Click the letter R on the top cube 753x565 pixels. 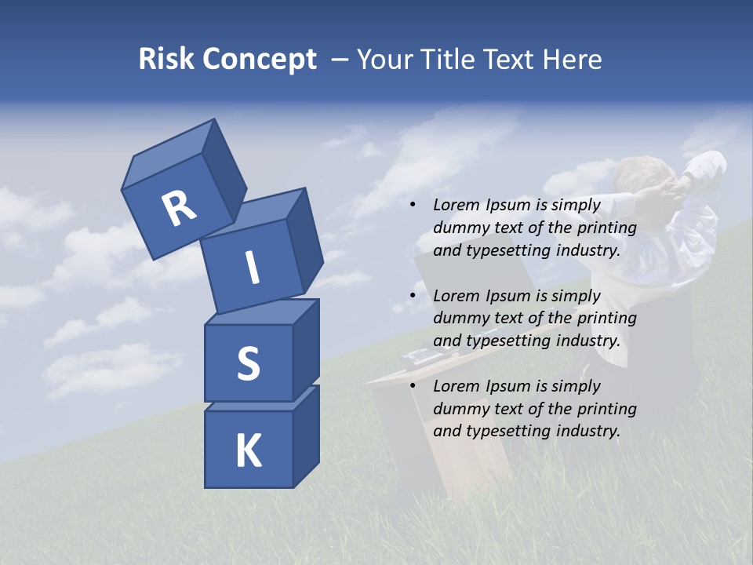(179, 209)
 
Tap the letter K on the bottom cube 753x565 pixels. (248, 451)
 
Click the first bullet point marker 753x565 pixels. (413, 206)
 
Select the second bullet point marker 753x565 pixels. (413, 296)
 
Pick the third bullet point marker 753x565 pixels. (413, 386)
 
